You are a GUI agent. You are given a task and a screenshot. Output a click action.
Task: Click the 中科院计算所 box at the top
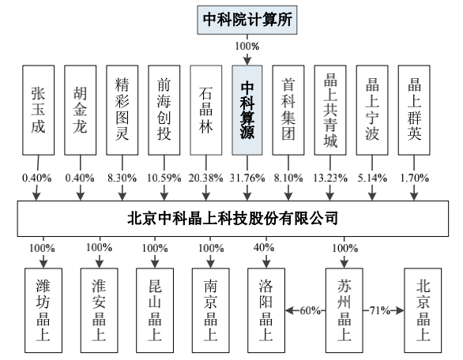(247, 20)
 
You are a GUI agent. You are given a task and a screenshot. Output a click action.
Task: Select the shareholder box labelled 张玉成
(39, 110)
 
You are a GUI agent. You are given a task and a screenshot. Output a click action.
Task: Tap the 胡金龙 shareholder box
(81, 110)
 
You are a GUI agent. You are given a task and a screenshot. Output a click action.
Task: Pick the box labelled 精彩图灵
(122, 110)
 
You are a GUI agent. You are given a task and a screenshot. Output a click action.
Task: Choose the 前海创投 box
(164, 110)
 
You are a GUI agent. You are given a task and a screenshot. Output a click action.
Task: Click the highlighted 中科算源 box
(247, 110)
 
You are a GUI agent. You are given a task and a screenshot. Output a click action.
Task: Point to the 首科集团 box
(288, 110)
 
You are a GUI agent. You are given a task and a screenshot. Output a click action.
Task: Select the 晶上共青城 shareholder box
(330, 110)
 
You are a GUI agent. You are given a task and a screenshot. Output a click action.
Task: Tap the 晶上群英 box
(414, 110)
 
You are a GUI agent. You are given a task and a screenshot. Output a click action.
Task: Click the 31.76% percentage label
(247, 178)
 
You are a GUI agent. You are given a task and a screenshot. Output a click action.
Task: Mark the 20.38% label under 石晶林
(205, 178)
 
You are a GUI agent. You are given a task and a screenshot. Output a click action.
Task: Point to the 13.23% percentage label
(330, 178)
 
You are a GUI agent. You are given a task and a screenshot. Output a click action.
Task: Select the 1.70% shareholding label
(414, 178)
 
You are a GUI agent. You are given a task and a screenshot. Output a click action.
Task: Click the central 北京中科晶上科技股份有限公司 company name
(232, 219)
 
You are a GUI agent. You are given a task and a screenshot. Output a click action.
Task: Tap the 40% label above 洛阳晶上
(264, 248)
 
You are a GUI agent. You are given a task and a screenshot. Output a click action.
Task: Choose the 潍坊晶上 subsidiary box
(43, 310)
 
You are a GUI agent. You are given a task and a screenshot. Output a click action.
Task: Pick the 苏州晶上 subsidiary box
(344, 310)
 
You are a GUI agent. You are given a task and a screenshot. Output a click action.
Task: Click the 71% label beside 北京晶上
(380, 310)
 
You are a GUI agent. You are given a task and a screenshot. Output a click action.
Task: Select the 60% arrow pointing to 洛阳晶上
(305, 310)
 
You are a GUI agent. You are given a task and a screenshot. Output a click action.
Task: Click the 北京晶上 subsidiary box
(423, 310)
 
